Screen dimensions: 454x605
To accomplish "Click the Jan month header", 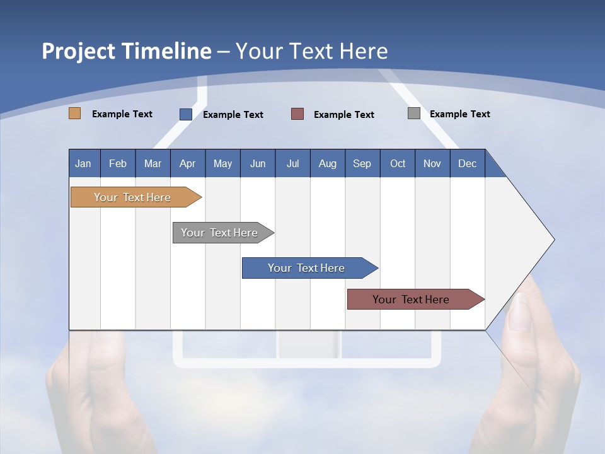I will pos(84,163).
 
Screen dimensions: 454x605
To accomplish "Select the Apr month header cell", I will pos(188,163).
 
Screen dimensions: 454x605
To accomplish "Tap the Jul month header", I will pos(292,163).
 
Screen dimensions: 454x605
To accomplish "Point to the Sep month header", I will pos(362,163).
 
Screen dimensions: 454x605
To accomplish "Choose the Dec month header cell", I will pos(467,163).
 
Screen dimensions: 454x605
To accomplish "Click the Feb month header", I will pos(118,163).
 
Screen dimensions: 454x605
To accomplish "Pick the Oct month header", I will pos(398,163).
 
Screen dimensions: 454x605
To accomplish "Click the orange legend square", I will pos(75,113).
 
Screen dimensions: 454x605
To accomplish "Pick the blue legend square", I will pos(186,114).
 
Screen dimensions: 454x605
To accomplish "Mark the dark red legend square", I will pos(297,114).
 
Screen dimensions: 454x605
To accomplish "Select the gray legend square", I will pos(414,113).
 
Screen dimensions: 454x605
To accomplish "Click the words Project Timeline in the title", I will pos(127,51).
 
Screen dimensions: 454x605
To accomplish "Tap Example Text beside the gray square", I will pos(459,114).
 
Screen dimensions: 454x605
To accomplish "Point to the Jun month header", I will pos(258,163).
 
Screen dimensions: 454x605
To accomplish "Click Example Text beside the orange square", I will pos(122,114).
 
